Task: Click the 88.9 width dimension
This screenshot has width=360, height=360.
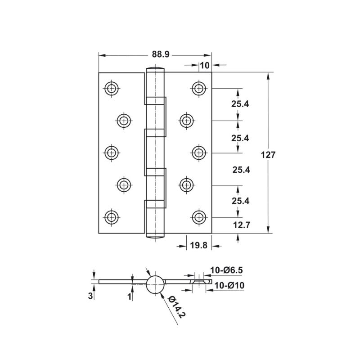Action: (160, 54)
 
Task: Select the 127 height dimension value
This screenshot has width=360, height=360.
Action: (268, 154)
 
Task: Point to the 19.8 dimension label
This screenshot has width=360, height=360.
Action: (198, 246)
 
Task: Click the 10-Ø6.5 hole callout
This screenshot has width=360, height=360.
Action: (227, 270)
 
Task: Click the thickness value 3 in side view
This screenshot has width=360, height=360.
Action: (90, 296)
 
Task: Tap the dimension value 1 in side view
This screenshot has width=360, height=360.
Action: (129, 296)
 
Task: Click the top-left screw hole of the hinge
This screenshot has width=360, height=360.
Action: (111, 88)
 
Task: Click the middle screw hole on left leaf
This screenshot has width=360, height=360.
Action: (111, 152)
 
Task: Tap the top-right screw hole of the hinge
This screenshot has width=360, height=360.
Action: (198, 88)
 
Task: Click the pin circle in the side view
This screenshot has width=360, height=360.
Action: (155, 284)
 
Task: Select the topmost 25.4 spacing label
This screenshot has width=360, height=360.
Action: (240, 104)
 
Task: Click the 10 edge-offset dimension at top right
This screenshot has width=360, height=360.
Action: (205, 65)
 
